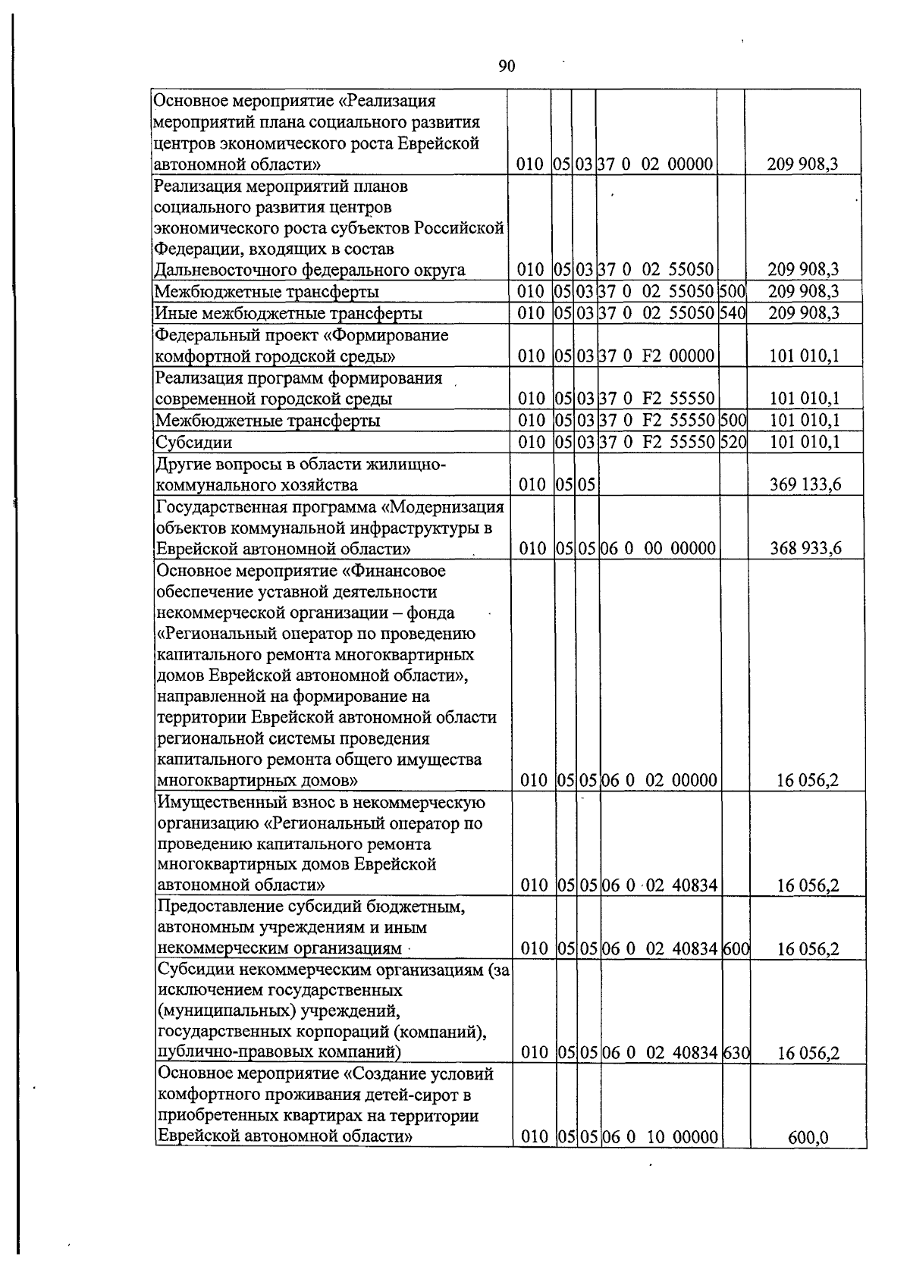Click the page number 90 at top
coord(507,67)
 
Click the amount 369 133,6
coord(805,485)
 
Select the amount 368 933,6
coord(805,548)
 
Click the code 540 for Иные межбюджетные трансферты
coord(733,313)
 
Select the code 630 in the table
coord(735,1052)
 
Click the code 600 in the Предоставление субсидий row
coord(735,948)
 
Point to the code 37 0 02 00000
coord(657,164)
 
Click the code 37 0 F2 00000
coord(657,356)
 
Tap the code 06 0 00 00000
coord(658,548)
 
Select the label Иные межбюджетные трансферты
coord(288,313)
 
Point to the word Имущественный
coord(212,802)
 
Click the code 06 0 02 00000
coord(659,780)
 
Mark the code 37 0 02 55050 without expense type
coord(657,270)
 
